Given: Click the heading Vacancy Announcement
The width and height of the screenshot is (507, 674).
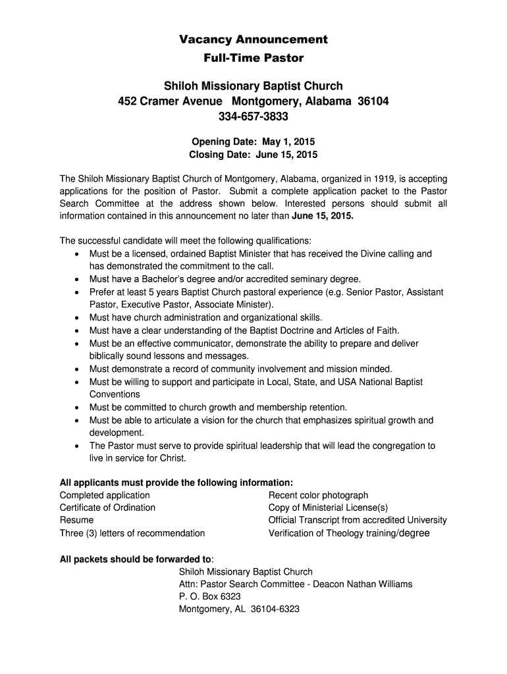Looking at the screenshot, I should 254,39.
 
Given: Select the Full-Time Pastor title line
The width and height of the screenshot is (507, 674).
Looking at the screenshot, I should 254,58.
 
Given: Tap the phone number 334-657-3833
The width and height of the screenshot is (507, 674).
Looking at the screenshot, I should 254,117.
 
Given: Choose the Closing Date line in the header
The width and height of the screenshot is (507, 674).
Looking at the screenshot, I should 254,155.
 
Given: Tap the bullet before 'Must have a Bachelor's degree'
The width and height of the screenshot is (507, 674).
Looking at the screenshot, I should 78,279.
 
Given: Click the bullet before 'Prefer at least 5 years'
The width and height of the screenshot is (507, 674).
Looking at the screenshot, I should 78,292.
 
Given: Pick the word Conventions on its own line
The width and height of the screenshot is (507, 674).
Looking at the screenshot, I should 115,394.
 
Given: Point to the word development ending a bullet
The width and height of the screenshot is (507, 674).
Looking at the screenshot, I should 116,432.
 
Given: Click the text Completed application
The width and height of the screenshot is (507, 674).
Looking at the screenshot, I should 105,495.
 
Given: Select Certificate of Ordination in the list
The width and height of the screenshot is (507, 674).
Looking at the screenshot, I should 107,507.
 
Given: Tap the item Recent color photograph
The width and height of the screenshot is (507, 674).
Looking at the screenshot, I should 318,495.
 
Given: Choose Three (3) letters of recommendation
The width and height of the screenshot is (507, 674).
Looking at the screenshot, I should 132,533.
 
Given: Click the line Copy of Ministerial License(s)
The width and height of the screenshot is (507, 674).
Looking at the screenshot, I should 328,507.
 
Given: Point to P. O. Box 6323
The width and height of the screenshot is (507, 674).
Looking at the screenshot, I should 209,596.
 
